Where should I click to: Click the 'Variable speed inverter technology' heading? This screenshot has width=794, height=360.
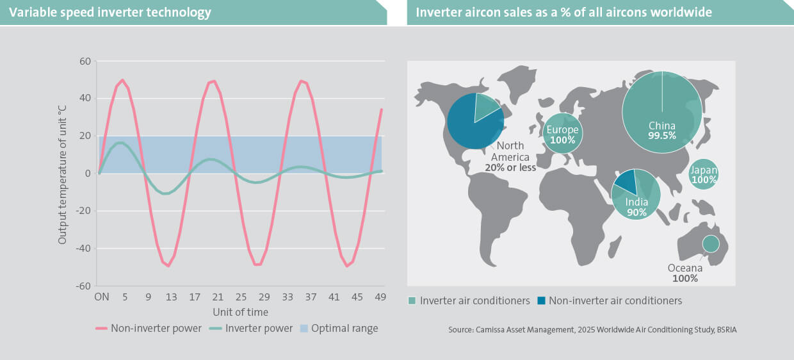pos(110,12)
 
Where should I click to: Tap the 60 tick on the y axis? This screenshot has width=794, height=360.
pos(85,61)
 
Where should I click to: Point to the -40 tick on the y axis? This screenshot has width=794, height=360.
pos(83,249)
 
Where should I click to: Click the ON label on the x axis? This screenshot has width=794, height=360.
pos(102,297)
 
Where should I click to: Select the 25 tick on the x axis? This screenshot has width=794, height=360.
pos(241,297)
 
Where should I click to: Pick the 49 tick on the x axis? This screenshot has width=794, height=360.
pos(380,297)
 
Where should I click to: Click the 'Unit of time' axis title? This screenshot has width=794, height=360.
pos(240,312)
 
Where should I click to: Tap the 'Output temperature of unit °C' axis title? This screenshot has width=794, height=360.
pos(62,174)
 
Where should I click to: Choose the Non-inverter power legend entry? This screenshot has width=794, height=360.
pos(148,329)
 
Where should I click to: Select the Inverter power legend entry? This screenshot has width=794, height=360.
pos(251,329)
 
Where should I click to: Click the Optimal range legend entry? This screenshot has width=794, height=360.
pos(339,329)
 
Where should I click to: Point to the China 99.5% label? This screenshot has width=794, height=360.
pos(662,131)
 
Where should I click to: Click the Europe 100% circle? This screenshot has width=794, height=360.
pos(563,133)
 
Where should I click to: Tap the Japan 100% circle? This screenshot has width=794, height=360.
pos(704,174)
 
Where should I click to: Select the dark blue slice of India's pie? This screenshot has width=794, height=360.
pos(627,181)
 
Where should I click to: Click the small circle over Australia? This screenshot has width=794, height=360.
pos(711,244)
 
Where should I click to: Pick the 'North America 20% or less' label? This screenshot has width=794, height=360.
pos(510,157)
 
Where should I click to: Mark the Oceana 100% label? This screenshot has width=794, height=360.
pos(685,273)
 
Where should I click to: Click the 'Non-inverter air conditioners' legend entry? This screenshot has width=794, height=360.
pos(610,301)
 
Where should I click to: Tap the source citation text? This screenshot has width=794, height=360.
pos(592,330)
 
